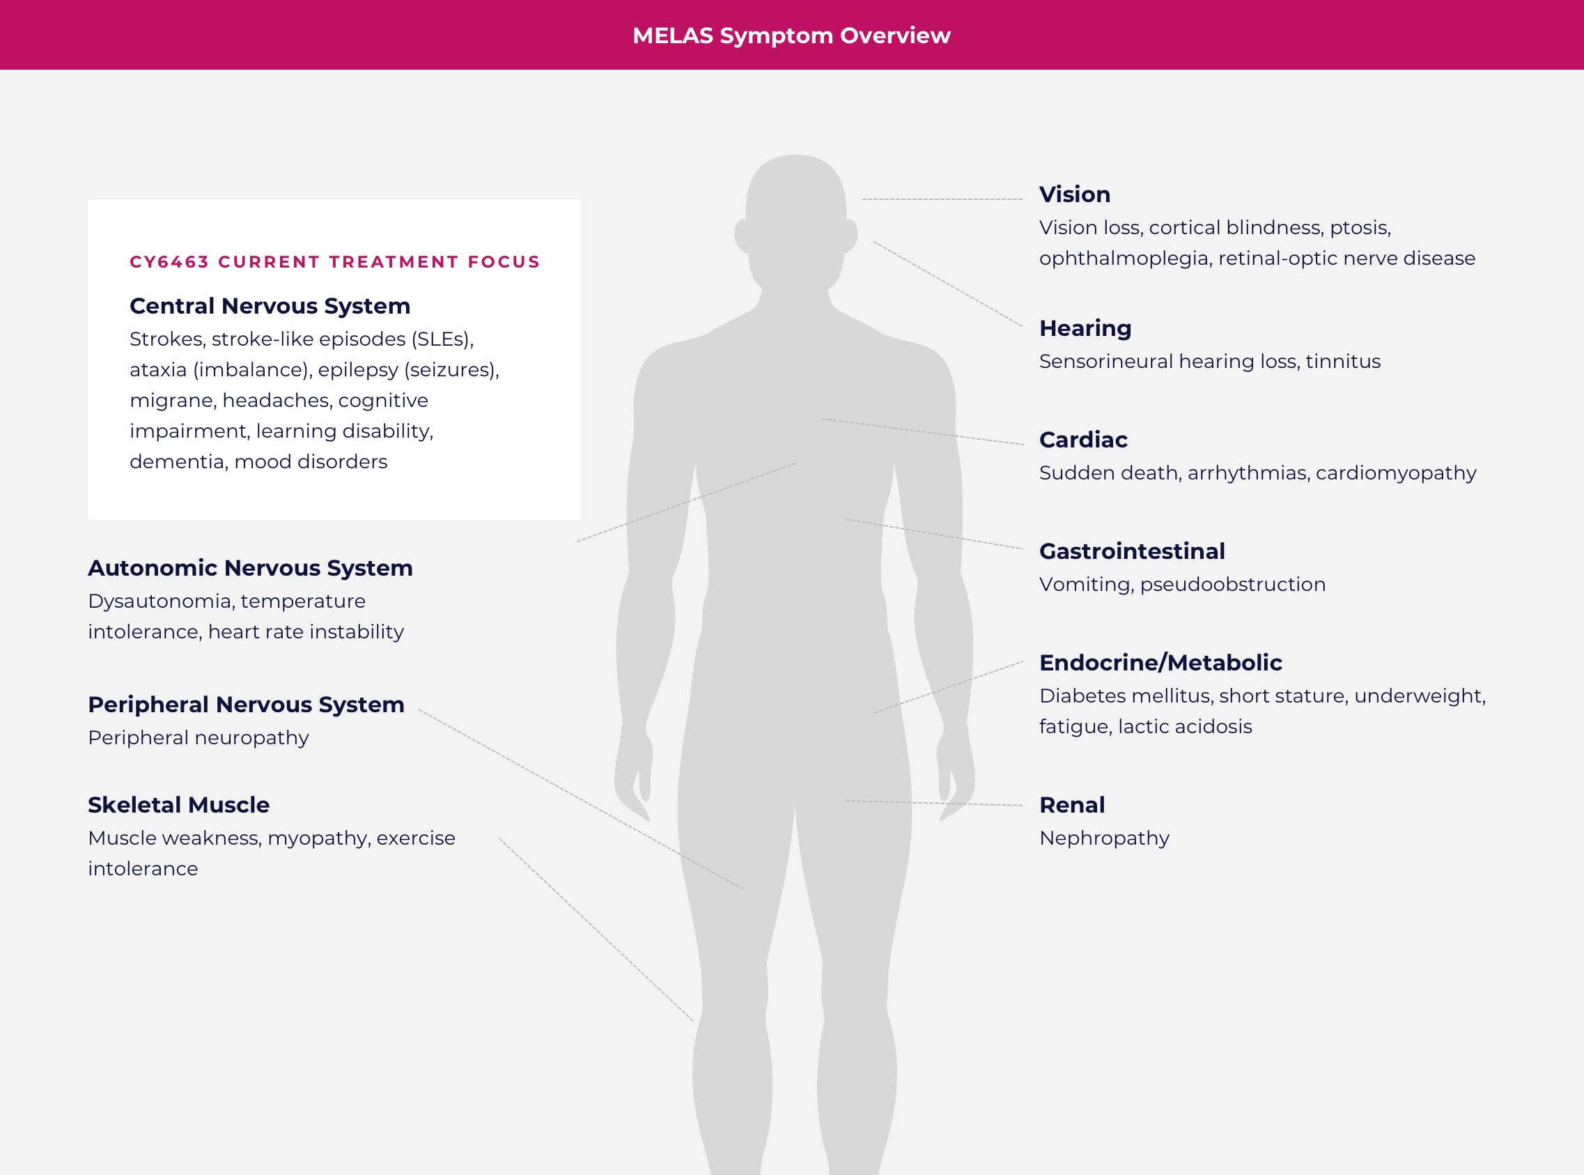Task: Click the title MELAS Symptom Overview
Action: tap(791, 36)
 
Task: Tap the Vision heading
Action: tap(1074, 194)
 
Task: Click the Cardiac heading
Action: tap(1082, 440)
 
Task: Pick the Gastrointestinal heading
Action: tap(1132, 551)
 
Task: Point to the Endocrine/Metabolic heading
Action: tap(1160, 663)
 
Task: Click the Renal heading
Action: tap(1072, 805)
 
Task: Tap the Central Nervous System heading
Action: tap(270, 306)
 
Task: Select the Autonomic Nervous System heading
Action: tap(250, 568)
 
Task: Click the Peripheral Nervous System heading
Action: tap(246, 705)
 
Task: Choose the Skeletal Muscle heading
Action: tap(178, 805)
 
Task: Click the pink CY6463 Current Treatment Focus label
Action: tap(335, 262)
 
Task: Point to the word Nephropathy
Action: tap(1104, 838)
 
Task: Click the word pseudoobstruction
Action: tap(1233, 585)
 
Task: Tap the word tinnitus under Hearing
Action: tap(1343, 361)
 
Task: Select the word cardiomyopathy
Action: tap(1397, 473)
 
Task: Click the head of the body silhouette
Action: tap(795, 213)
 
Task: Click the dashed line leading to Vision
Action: tap(942, 199)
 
